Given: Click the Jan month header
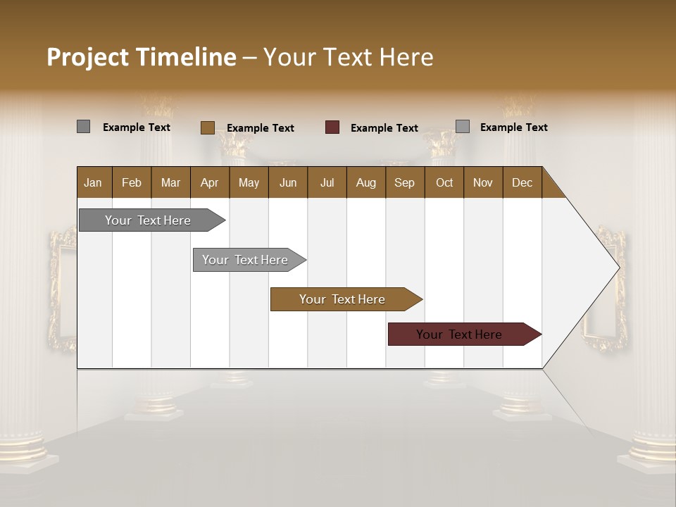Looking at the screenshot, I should pyautogui.click(x=94, y=182).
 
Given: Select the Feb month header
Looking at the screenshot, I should pyautogui.click(x=132, y=182).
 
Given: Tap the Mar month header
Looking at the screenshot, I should pyautogui.click(x=170, y=182).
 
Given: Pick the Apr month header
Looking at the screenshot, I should pyautogui.click(x=210, y=182).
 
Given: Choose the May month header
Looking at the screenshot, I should pyautogui.click(x=249, y=182).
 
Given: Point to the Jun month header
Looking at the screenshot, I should pyautogui.click(x=288, y=182).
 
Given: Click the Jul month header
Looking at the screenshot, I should pyautogui.click(x=327, y=182).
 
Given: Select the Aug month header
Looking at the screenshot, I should pyautogui.click(x=366, y=182).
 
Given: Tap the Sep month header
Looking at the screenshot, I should pyautogui.click(x=405, y=182).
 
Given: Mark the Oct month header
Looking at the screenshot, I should pyautogui.click(x=444, y=182).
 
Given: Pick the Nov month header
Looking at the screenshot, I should pyautogui.click(x=483, y=182).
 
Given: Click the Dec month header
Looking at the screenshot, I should pyautogui.click(x=522, y=182).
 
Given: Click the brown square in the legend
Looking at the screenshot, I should pyautogui.click(x=207, y=127).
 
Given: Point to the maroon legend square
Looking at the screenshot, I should pyautogui.click(x=332, y=127).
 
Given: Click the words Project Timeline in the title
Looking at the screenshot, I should pyautogui.click(x=142, y=57).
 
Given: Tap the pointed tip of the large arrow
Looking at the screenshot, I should pyautogui.click(x=618, y=268).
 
